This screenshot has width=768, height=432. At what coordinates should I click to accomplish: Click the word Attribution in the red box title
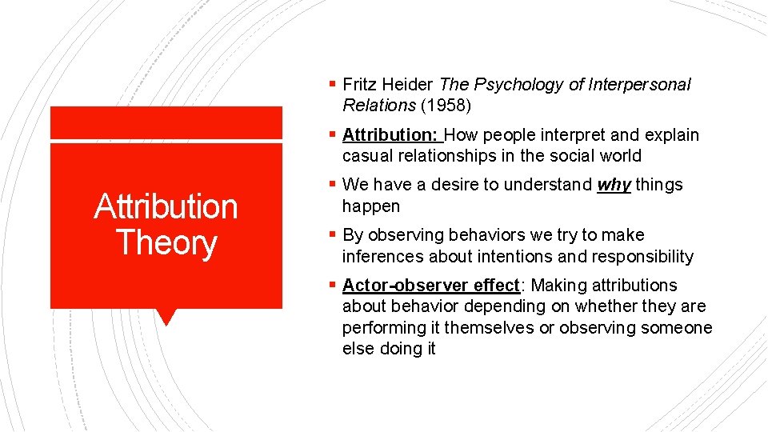166,206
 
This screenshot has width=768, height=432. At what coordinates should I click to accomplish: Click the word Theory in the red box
166,242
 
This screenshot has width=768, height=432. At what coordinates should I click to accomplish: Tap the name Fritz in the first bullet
357,84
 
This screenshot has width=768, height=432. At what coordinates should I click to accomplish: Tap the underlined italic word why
614,185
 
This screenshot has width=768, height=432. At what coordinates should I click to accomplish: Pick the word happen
370,206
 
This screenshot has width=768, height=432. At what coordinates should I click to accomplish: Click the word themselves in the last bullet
488,328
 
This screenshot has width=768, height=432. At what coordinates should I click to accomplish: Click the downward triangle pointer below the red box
166,316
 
